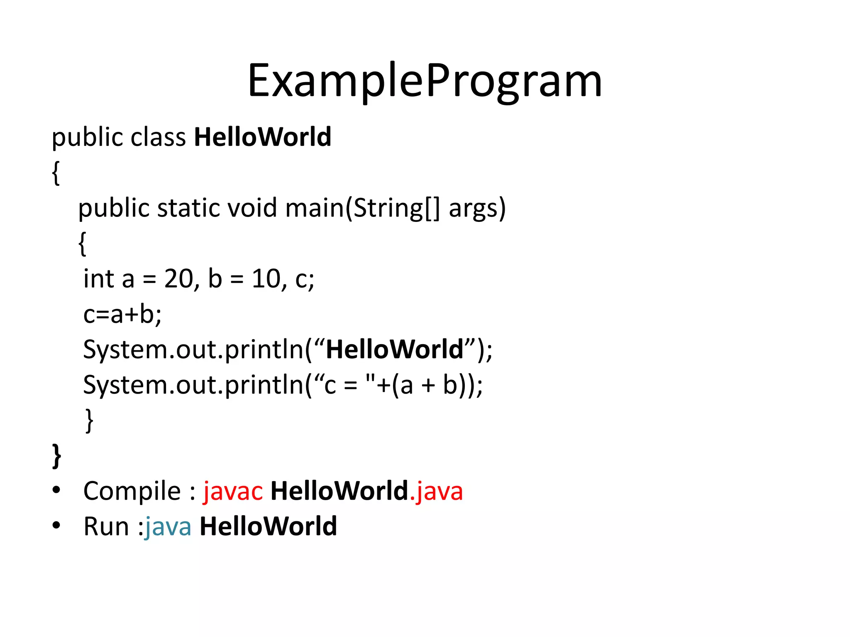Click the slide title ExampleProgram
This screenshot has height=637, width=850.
pos(425,81)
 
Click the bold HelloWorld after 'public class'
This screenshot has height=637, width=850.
pos(263,137)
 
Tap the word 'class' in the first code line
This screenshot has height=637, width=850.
pos(158,137)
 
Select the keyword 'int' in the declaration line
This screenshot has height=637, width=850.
pos(99,279)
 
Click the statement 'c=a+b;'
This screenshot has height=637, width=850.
pos(122,314)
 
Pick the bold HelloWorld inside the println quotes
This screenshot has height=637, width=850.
pos(394,349)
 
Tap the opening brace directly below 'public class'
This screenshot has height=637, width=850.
pos(56,173)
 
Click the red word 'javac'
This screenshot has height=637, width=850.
pos(233,491)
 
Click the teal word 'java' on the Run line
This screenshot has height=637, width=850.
pos(168,527)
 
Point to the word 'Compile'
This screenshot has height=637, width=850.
pos(132,491)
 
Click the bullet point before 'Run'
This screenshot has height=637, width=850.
pos(56,525)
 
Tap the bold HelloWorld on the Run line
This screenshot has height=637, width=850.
pos(268,527)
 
